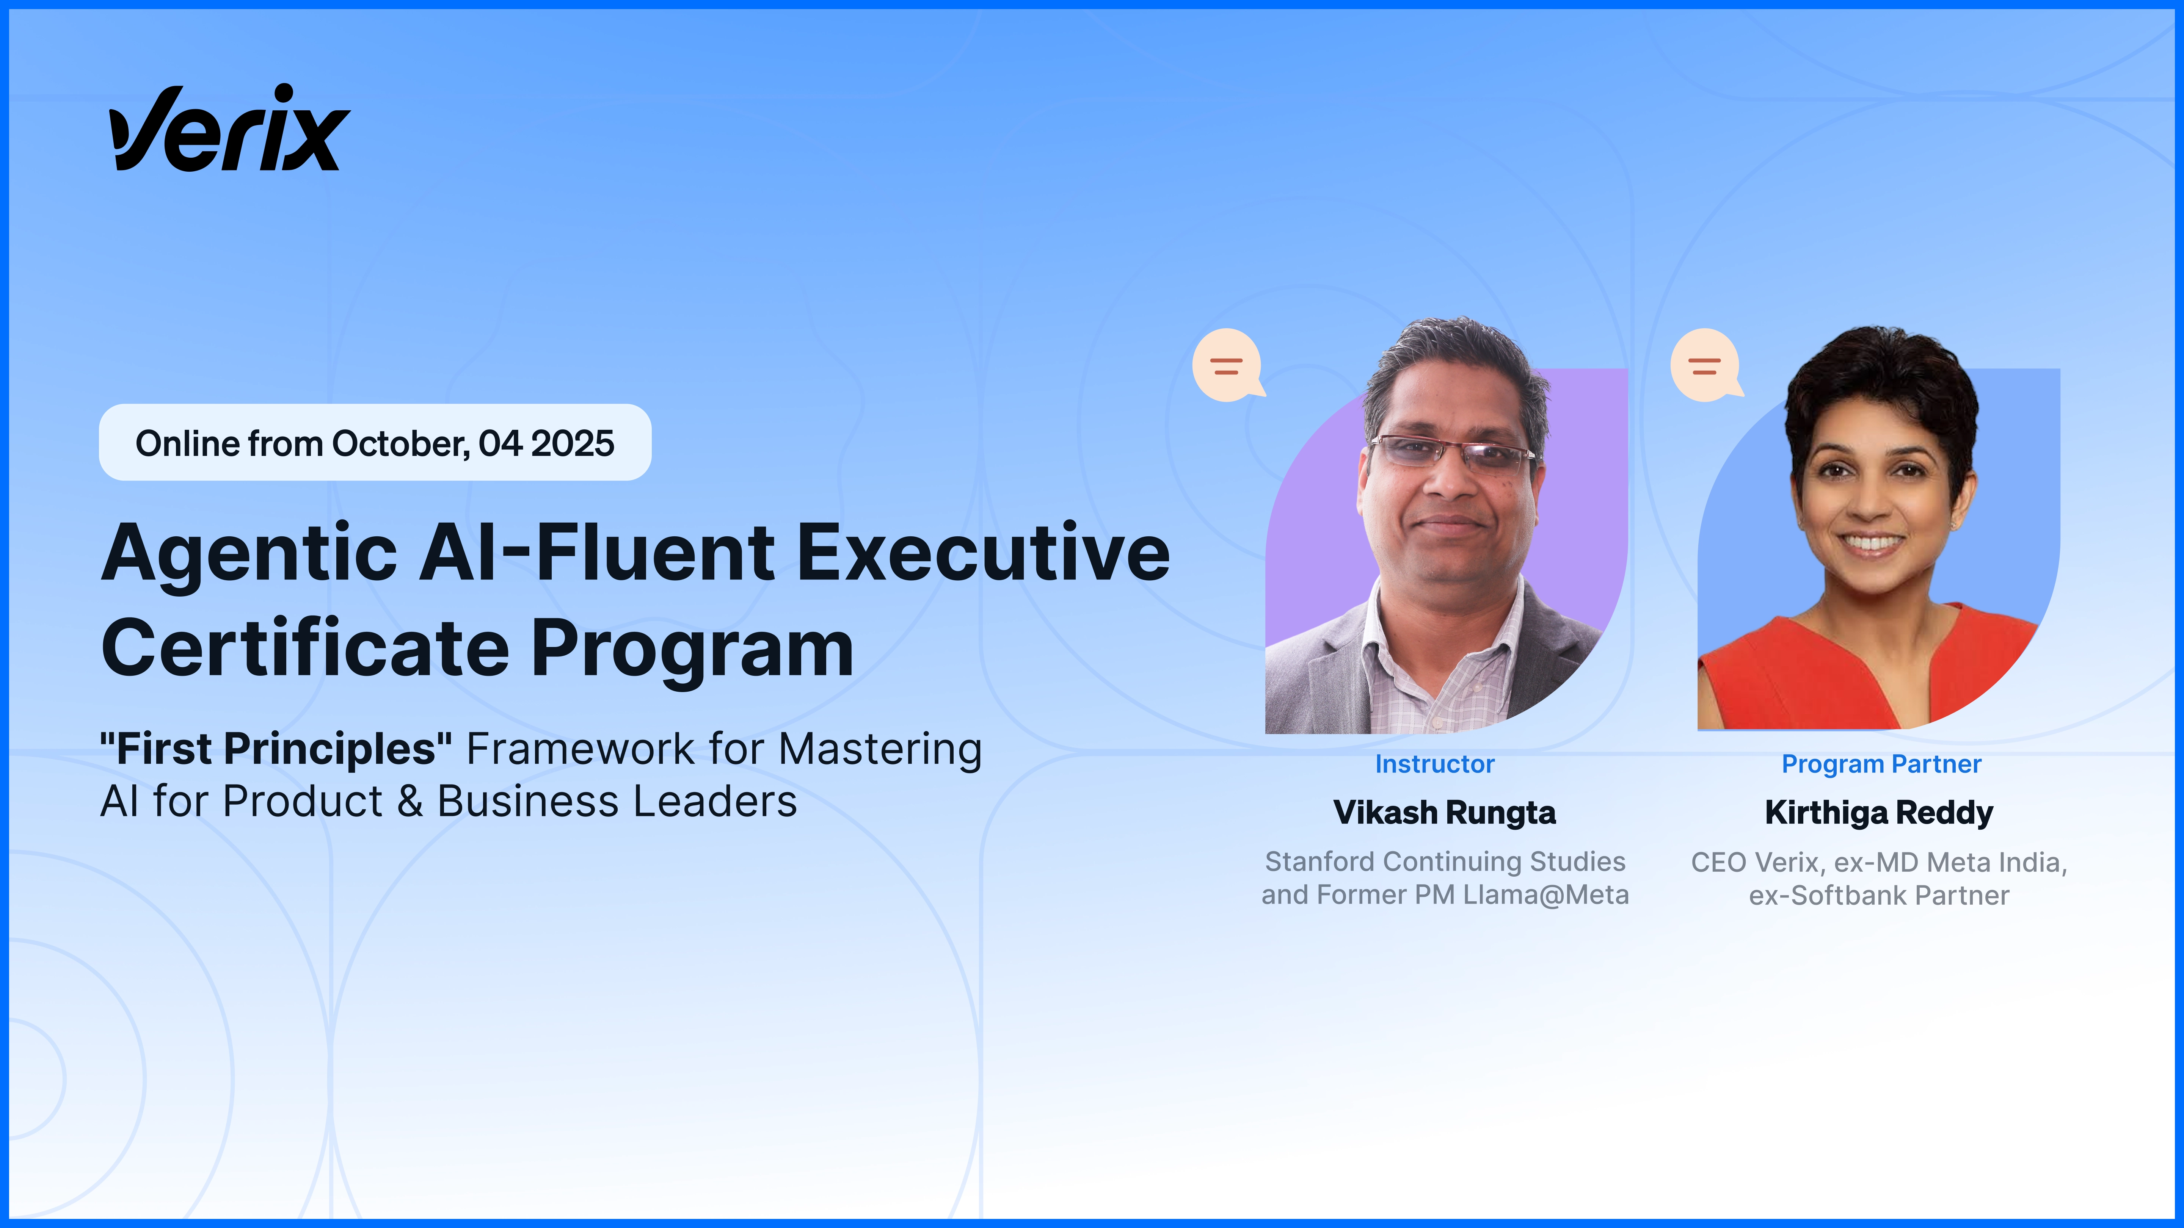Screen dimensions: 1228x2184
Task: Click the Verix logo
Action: (x=229, y=129)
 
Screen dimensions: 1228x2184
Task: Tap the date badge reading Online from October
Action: (x=375, y=443)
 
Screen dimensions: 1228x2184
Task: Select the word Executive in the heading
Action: (x=984, y=553)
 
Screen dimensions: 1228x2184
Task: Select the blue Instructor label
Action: (x=1434, y=764)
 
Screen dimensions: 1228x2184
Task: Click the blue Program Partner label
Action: (x=1881, y=764)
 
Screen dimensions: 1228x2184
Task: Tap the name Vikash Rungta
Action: (x=1445, y=813)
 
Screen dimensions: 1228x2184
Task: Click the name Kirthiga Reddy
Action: (x=1879, y=813)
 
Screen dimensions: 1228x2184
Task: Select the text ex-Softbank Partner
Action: (x=1879, y=896)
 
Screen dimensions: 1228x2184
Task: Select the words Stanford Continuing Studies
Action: (x=1445, y=862)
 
